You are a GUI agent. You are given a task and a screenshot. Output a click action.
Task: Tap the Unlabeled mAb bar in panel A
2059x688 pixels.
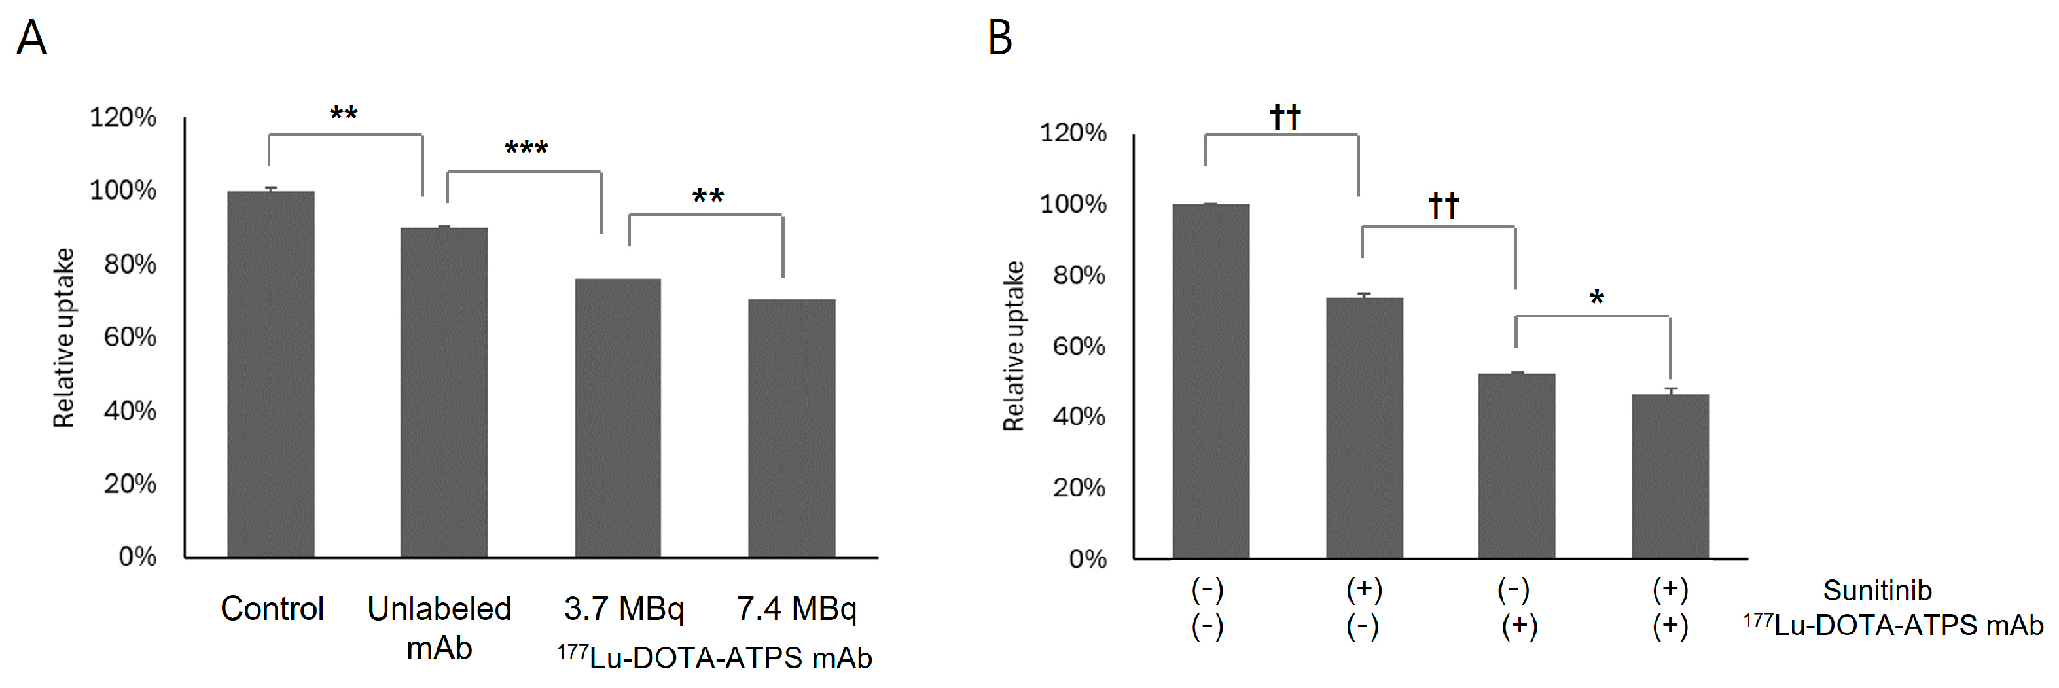pyautogui.click(x=444, y=391)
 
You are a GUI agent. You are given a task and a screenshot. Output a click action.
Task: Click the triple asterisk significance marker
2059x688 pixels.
pyautogui.click(x=526, y=149)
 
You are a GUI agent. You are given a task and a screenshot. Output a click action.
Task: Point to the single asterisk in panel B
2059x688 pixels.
pyautogui.click(x=1596, y=300)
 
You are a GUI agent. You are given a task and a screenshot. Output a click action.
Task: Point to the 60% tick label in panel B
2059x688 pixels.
pyautogui.click(x=1078, y=346)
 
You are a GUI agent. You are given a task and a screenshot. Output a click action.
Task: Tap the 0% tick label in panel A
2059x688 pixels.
pyautogui.click(x=137, y=556)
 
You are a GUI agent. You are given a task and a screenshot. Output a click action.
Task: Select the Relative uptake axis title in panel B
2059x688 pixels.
pyautogui.click(x=1014, y=346)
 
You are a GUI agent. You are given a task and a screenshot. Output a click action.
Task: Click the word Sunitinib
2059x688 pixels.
pyautogui.click(x=1877, y=590)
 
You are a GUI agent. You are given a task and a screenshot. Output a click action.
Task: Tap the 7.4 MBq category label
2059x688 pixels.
pyautogui.click(x=796, y=609)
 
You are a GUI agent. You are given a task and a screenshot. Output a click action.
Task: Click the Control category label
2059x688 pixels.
pyautogui.click(x=272, y=609)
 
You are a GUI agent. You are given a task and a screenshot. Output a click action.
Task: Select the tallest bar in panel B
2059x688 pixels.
pyautogui.click(x=1210, y=380)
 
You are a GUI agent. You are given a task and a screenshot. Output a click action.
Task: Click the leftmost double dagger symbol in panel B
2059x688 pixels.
pyautogui.click(x=1285, y=117)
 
